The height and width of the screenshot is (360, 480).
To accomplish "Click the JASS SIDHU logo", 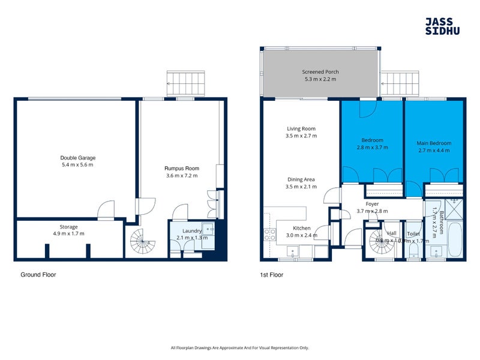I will click(442, 26).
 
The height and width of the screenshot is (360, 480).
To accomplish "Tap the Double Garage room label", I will click(77, 158).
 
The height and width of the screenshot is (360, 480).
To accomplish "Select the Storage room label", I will click(68, 227).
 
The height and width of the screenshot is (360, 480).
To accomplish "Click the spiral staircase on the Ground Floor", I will click(143, 243).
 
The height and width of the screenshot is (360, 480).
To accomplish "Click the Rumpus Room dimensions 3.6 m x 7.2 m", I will click(181, 176).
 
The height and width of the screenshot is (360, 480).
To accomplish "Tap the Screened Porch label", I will click(320, 71).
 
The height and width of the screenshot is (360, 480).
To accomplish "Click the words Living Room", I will click(301, 128).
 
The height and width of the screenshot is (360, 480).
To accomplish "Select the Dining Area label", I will click(301, 179).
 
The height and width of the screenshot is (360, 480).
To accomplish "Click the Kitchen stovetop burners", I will click(268, 233).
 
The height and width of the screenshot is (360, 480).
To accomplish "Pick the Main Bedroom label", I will click(434, 143).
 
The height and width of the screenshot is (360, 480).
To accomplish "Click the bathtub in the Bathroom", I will click(455, 239).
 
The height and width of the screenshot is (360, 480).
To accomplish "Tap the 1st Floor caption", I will click(271, 275).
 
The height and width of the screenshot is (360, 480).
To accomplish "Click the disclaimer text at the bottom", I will click(239, 347).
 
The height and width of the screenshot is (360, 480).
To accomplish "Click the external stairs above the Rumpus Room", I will click(186, 83).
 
